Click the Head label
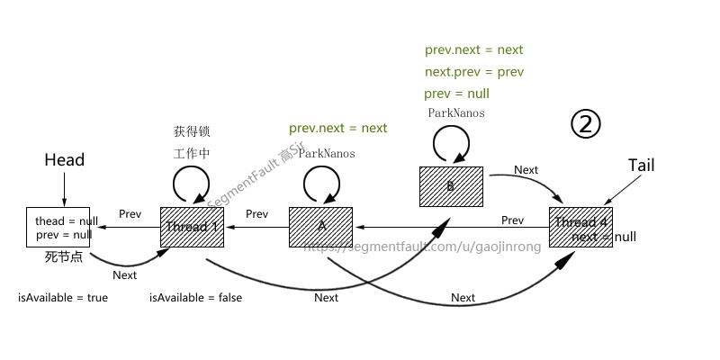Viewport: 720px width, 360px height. (x=64, y=160)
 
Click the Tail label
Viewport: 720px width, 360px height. (x=641, y=166)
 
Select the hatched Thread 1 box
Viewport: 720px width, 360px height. (x=192, y=228)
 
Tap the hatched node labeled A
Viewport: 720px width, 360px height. (x=321, y=228)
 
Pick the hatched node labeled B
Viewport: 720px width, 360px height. (x=451, y=186)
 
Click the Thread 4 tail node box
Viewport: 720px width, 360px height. (x=580, y=228)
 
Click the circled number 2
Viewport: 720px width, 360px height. (x=585, y=124)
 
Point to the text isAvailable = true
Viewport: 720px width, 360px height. (x=63, y=298)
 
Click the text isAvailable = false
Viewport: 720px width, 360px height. (x=195, y=298)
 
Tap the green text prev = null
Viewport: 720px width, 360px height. (x=457, y=94)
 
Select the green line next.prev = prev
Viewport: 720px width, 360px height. (x=473, y=72)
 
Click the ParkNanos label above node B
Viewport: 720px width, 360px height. (x=456, y=113)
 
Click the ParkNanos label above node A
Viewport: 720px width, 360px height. (x=327, y=154)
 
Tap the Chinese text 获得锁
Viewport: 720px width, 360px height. (x=192, y=131)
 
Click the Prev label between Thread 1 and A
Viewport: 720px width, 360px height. (x=256, y=214)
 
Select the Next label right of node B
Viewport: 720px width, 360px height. (x=526, y=170)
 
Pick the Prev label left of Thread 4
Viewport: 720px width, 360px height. (x=512, y=220)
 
